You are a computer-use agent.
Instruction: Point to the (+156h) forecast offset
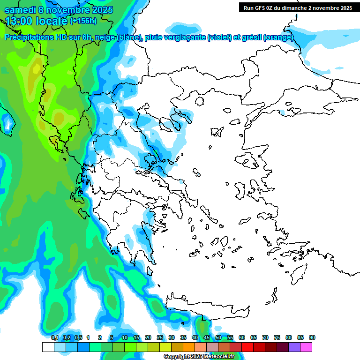tap(83, 21)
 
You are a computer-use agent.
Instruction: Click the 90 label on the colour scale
tap(312, 337)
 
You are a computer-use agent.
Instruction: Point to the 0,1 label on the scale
tap(54, 337)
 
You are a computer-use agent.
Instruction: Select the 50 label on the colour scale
tap(218, 337)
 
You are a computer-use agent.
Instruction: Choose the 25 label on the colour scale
tap(160, 337)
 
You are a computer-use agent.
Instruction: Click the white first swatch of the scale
tap(48, 347)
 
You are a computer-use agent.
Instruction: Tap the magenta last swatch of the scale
tap(306, 347)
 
